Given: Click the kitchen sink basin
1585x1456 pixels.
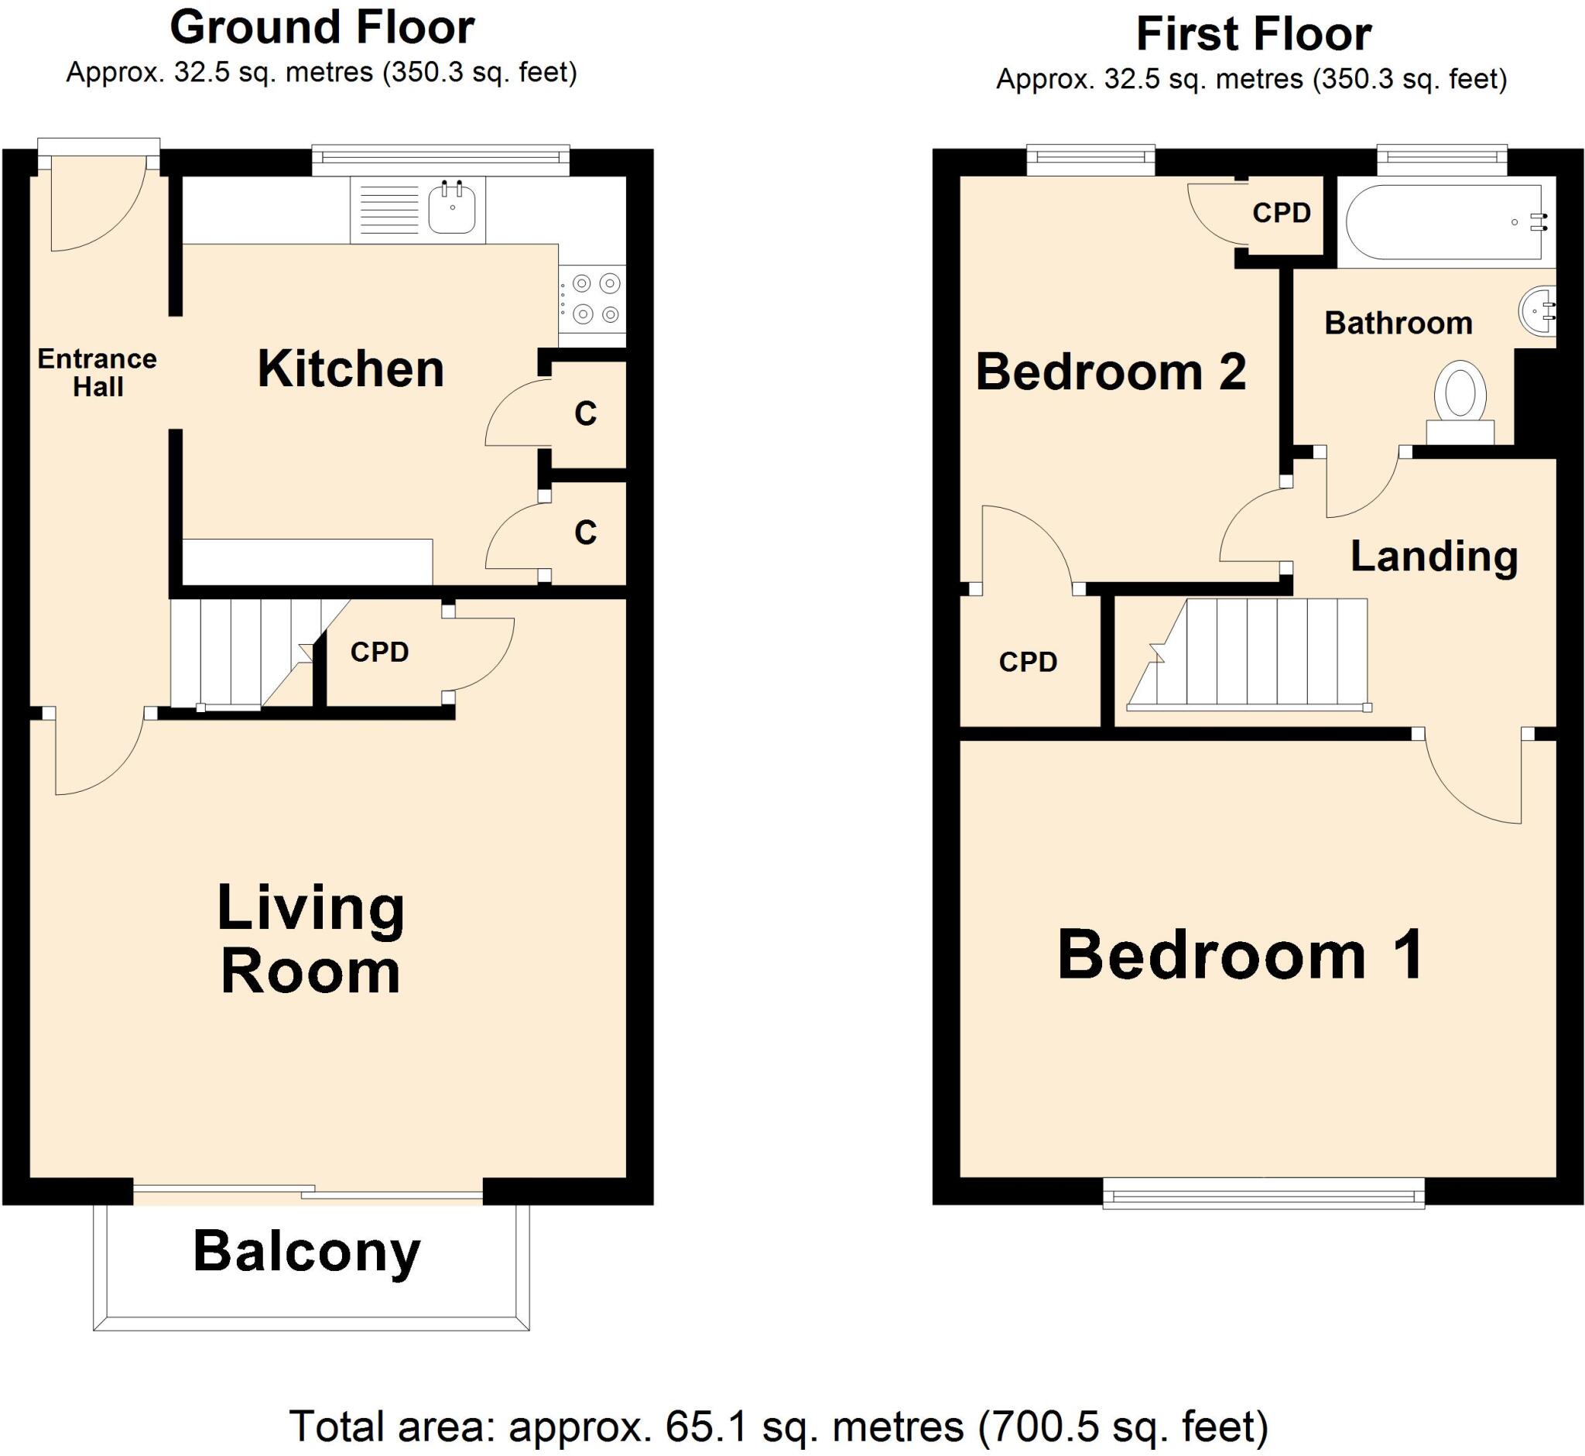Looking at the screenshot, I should point(452,208).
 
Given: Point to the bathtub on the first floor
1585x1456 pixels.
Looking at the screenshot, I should point(1445,222).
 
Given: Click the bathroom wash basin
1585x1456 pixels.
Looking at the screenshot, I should point(1537,310).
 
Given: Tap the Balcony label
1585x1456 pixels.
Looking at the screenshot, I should point(307,1251).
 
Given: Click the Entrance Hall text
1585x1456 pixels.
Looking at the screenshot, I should point(97,372).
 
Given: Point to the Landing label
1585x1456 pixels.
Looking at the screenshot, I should point(1433,557).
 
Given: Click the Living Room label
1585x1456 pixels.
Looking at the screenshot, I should point(310,939).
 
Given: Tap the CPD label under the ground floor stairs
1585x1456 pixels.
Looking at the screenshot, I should point(379,653).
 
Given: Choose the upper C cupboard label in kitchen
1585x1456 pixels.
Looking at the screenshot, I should point(585,413).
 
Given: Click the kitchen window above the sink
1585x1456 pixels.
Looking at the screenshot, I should point(440,159).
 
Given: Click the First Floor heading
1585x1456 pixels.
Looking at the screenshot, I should point(1253,36).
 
